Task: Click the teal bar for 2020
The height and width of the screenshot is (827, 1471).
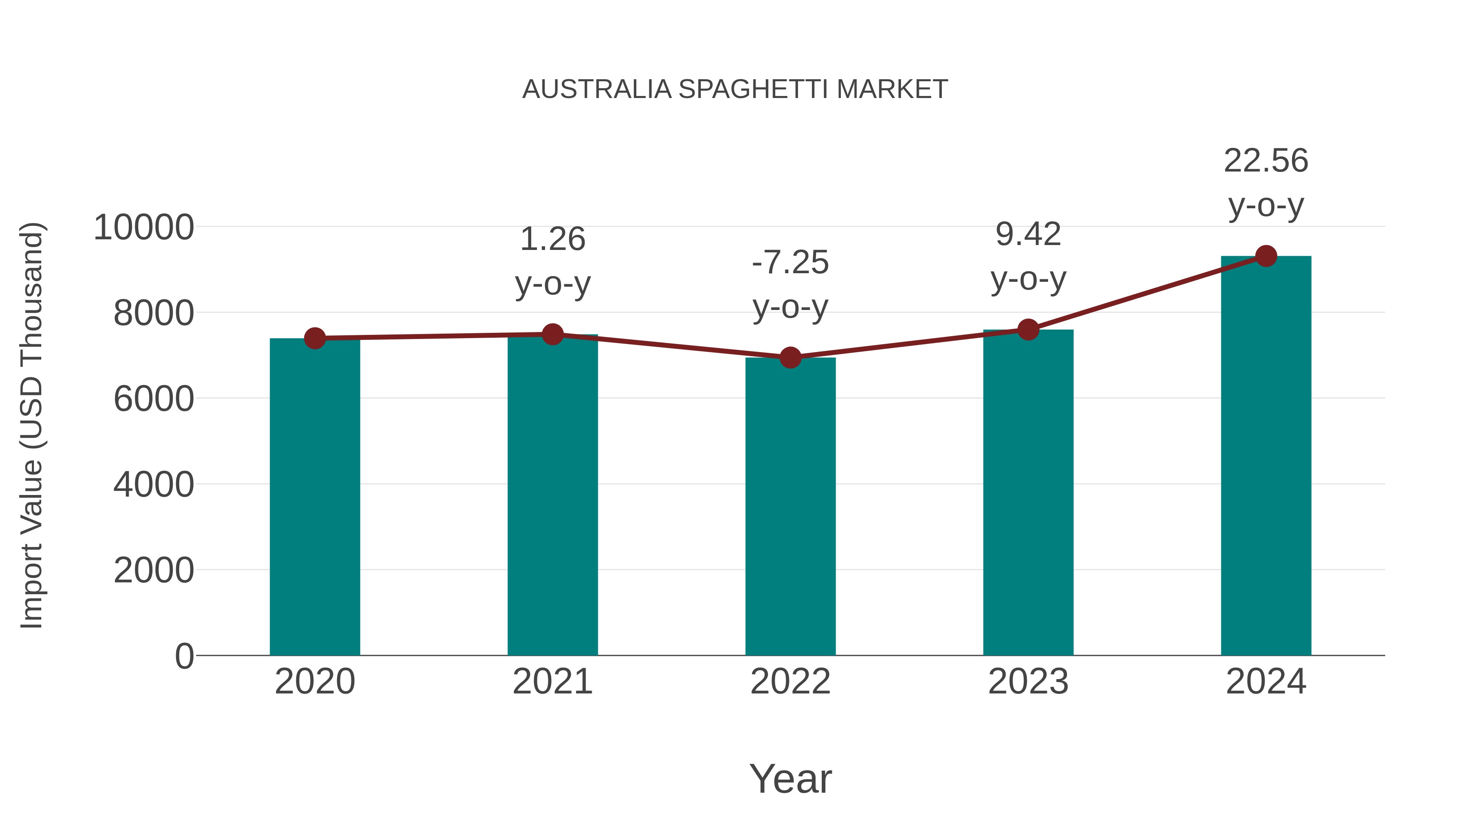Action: [315, 497]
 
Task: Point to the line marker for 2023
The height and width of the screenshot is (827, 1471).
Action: [1028, 330]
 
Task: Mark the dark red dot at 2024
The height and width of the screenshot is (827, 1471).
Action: [1266, 256]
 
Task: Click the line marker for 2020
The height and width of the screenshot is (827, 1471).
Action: [315, 339]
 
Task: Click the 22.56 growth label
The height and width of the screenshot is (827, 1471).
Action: [1266, 160]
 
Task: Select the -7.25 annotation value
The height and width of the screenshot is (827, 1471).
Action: [790, 263]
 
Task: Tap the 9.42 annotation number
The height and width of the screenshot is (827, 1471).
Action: [1028, 234]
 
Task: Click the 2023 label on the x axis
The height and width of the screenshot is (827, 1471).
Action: [1028, 682]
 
